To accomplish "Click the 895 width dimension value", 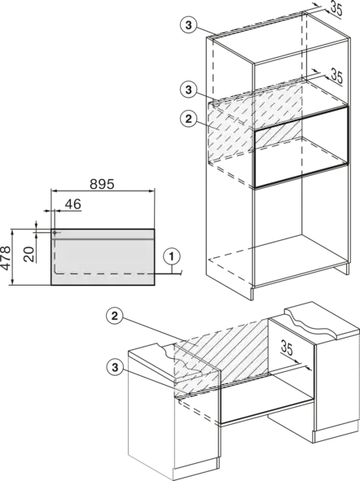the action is (102, 184).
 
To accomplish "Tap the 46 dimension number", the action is (73, 204).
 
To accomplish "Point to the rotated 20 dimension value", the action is (29, 254).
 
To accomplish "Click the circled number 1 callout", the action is (172, 256).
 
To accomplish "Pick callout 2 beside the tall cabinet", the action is (188, 118).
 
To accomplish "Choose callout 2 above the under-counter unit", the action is (115, 316).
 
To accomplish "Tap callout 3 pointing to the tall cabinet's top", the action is (188, 25).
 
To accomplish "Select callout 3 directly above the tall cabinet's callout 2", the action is (188, 90).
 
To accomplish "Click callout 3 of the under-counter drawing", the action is (115, 367).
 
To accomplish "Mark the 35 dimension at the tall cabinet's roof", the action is (336, 9).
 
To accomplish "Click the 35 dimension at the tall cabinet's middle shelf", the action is (336, 77).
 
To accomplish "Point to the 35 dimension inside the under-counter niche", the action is (287, 348).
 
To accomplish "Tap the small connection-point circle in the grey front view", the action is (55, 233).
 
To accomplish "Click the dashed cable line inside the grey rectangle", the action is (103, 273).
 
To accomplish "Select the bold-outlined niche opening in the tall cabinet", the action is (301, 146).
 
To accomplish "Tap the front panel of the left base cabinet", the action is (151, 414).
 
